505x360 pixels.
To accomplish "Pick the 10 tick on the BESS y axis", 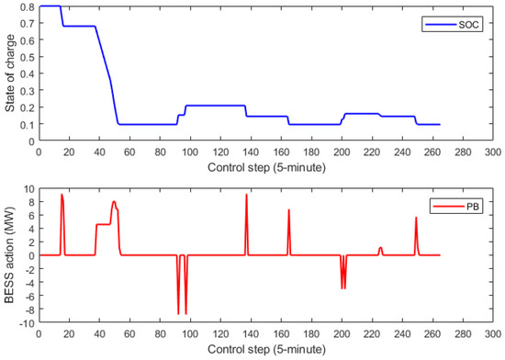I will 28,188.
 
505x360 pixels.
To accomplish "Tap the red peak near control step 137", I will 246,195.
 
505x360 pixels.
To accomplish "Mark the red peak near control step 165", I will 288,210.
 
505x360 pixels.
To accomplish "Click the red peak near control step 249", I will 416,218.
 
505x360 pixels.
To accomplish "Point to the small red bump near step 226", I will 380,247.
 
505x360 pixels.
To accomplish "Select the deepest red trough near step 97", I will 185,314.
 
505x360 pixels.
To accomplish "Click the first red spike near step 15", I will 62,195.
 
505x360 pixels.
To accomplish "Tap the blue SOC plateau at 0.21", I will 216,106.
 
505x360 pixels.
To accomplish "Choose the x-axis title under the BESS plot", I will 265,352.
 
